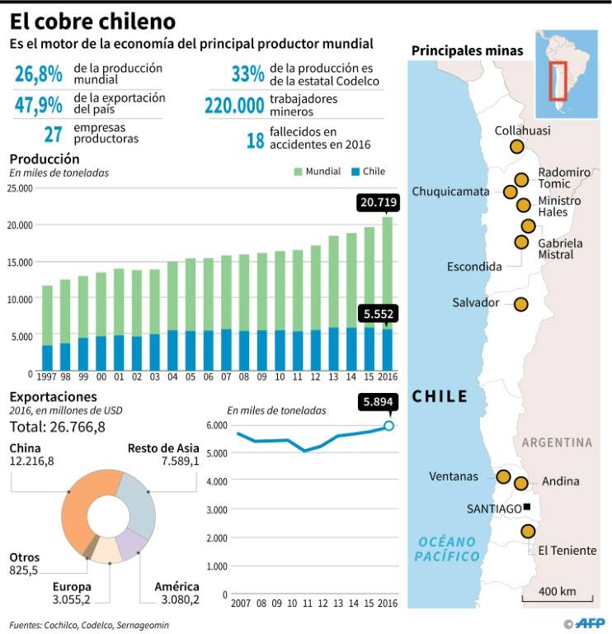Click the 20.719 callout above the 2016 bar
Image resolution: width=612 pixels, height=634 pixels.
tap(378, 202)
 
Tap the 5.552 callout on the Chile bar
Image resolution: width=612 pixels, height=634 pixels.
tap(378, 314)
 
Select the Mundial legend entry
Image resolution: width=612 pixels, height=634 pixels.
tap(318, 172)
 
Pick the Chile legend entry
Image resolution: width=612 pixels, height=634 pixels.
tap(369, 172)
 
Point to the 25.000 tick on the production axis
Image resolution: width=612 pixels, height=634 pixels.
tap(20, 188)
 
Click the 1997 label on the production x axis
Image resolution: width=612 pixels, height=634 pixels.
tap(46, 376)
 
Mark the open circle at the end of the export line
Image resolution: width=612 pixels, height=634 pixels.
tap(388, 425)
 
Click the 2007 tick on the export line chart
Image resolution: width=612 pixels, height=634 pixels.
tap(241, 603)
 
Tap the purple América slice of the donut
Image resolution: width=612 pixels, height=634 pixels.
tap(132, 544)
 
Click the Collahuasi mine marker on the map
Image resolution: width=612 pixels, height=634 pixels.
tap(517, 146)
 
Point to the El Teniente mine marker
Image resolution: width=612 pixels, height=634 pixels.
tap(528, 532)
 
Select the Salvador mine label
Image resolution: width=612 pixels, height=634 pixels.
tap(475, 302)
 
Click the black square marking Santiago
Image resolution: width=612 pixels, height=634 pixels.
tap(526, 507)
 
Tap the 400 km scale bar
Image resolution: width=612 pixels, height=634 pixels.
tap(558, 599)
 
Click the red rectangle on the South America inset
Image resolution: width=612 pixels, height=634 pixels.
tap(558, 81)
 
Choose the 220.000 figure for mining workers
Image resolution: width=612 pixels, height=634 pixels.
tap(234, 106)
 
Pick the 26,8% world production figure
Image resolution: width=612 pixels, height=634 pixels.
tap(39, 74)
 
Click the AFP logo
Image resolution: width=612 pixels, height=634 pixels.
tap(590, 623)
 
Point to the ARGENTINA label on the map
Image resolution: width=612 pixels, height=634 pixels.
tap(557, 442)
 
